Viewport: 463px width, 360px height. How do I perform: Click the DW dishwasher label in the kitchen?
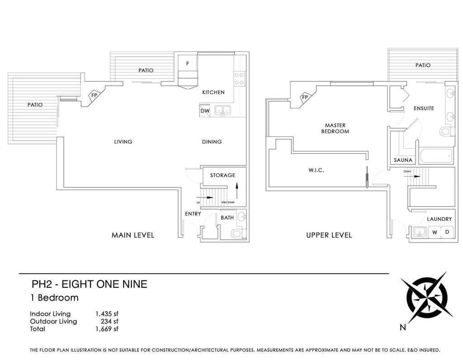click(x=205, y=111)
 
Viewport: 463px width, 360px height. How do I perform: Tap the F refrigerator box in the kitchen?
click(x=188, y=63)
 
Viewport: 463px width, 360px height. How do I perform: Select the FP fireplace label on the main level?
click(x=94, y=95)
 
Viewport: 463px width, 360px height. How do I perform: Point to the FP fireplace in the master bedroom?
click(x=305, y=97)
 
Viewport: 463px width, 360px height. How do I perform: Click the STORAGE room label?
click(x=222, y=175)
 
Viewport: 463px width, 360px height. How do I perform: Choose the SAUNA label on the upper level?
click(x=403, y=160)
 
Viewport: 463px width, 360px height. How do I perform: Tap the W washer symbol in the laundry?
click(x=435, y=232)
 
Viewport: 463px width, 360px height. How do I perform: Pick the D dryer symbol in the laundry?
click(x=447, y=232)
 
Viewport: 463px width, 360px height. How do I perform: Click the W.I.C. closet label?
click(x=316, y=170)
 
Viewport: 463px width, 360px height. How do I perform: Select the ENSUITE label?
click(x=424, y=108)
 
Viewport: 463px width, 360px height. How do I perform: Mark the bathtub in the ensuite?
click(x=436, y=155)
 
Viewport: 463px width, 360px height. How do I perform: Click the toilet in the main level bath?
click(x=239, y=234)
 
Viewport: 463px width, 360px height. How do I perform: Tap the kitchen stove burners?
click(x=239, y=79)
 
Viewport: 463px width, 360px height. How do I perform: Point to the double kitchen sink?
click(x=222, y=110)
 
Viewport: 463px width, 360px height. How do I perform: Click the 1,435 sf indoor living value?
click(x=107, y=313)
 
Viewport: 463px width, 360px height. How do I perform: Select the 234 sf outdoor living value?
click(x=109, y=321)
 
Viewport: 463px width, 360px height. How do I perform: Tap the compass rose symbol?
click(x=427, y=298)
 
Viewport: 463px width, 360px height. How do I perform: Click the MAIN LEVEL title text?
click(x=133, y=235)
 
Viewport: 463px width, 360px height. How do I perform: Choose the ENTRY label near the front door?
click(x=193, y=214)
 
